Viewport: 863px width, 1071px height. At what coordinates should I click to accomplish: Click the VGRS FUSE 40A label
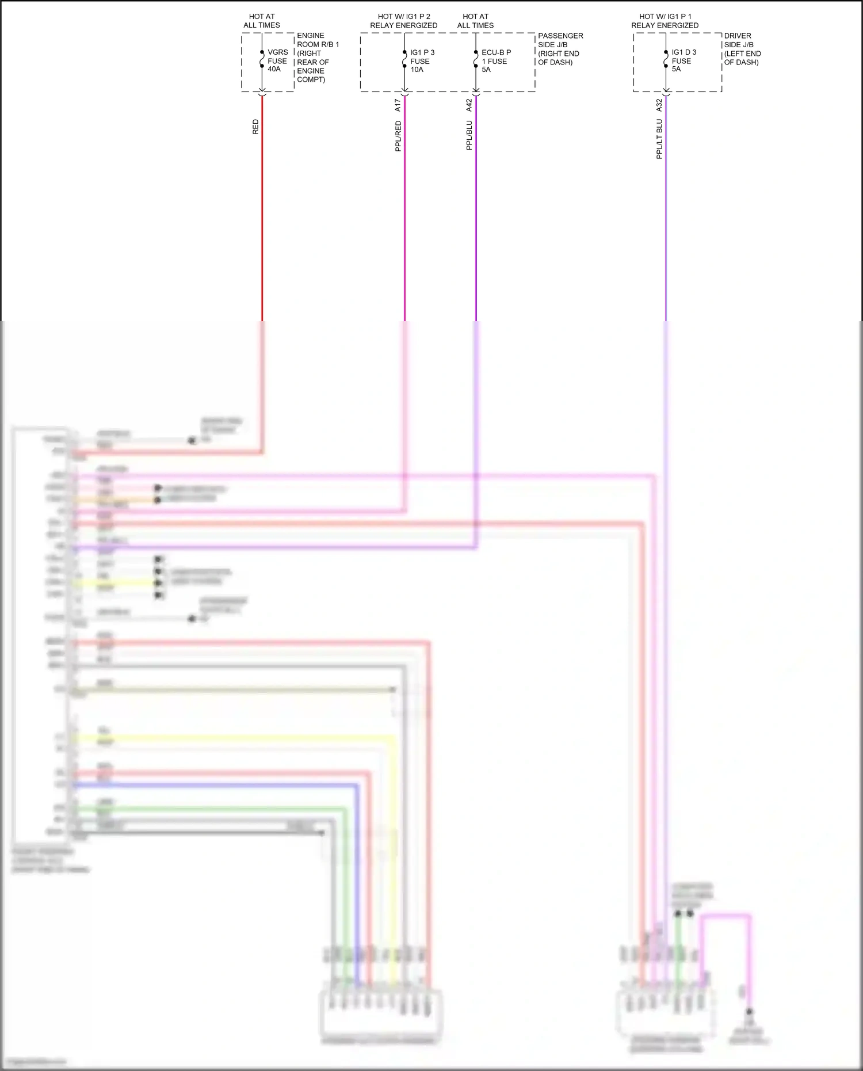[277, 60]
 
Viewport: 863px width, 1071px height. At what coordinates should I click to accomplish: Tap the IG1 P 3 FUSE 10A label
[422, 61]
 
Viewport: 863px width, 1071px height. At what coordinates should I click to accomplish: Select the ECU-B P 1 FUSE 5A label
[495, 61]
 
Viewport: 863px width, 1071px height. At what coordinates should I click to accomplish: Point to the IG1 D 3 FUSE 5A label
[683, 60]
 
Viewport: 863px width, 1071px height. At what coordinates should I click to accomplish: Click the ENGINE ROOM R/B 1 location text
[318, 58]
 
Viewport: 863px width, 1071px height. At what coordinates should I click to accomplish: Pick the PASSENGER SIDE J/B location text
[560, 49]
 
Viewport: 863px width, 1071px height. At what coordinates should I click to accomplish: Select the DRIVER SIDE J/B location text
[742, 49]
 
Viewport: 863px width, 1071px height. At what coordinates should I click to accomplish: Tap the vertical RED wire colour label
[255, 127]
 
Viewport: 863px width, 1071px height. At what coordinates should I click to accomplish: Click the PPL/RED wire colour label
[398, 136]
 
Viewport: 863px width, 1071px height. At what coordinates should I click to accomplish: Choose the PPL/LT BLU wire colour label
[659, 139]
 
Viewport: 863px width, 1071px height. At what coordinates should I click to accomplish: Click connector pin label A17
[398, 105]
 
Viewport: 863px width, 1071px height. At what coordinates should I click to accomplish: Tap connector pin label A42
[469, 105]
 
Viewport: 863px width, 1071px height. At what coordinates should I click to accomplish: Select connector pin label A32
[659, 105]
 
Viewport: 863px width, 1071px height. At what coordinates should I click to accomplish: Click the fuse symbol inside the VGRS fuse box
[262, 59]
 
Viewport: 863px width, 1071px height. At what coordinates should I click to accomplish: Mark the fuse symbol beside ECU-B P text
[476, 59]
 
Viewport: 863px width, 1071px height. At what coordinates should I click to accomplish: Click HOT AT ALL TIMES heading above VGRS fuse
[261, 21]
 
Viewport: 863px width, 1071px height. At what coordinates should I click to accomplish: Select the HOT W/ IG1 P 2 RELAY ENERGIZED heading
[403, 21]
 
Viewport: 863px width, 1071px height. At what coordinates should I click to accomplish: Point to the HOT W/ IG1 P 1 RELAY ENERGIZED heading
[665, 21]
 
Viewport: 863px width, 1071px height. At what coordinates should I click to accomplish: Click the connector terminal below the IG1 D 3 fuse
[666, 92]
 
